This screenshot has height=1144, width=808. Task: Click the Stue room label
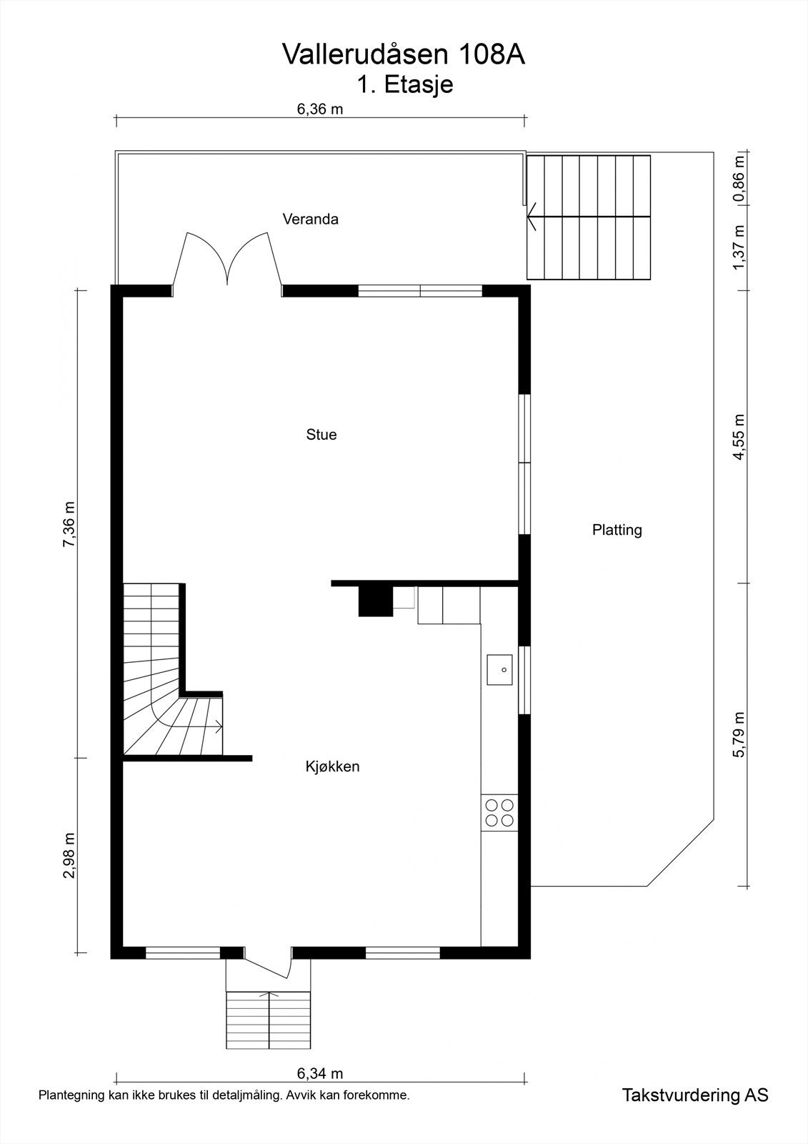coord(321,435)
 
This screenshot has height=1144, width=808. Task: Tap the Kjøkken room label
coord(332,766)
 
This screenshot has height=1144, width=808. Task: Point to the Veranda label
coord(310,219)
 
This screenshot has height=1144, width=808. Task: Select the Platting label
coord(617,530)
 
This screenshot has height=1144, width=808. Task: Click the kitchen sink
coord(499,669)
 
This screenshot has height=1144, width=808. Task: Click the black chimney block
coord(376,601)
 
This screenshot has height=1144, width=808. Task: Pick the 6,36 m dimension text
coord(320,109)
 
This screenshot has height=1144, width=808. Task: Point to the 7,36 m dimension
coord(69,524)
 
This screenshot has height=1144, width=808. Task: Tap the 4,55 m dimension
coord(739,437)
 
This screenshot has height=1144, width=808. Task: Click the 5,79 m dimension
coord(739,735)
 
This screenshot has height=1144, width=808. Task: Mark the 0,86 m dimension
coord(739,179)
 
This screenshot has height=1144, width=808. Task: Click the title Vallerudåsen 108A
coord(403,54)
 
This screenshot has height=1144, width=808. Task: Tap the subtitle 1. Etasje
coord(404,85)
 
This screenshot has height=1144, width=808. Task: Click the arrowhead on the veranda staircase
coord(533,217)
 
